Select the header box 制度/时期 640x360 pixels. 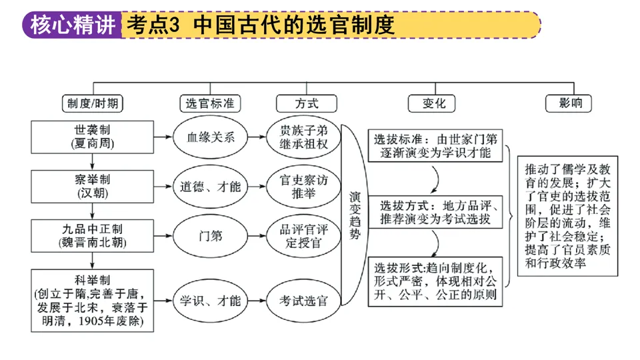click(x=94, y=103)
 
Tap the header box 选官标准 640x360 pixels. click(x=210, y=103)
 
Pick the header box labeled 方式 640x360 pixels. click(x=306, y=103)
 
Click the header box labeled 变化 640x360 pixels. click(x=434, y=103)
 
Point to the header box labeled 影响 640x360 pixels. click(x=567, y=103)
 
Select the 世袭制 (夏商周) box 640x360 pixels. click(x=94, y=137)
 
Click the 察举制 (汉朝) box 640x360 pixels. click(x=94, y=186)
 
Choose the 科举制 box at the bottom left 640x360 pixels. click(x=94, y=300)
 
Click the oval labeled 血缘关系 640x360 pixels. click(x=210, y=137)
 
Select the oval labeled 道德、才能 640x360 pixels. click(x=210, y=187)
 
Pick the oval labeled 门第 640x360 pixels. click(x=210, y=236)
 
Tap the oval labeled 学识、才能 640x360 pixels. click(x=210, y=301)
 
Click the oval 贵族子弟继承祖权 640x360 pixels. click(x=306, y=137)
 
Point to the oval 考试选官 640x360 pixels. click(x=306, y=301)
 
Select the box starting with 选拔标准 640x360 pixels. click(x=435, y=147)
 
